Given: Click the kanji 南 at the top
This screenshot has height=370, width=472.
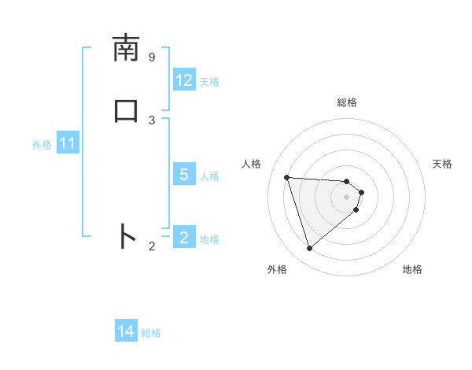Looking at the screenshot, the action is point(126,49).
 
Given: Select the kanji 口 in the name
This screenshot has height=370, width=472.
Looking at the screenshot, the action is point(126,110).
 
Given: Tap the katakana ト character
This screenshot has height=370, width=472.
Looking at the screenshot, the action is point(126,236).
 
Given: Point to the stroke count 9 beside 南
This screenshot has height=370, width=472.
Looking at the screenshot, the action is point(152,57).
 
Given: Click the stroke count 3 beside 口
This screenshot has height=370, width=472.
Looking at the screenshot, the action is point(152,120).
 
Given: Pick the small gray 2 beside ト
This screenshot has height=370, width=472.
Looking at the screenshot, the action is point(152,246).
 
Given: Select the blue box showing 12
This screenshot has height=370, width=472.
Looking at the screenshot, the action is point(184,80).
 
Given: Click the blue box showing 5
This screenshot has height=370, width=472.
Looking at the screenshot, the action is point(184,175).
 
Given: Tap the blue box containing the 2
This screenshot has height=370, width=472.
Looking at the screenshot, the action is point(184,238).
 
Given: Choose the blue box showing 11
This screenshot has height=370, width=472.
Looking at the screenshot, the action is point(68,144).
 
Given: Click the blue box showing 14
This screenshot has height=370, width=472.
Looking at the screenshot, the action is point(126,332).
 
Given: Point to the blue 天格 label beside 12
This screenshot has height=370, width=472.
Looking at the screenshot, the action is point(209,81).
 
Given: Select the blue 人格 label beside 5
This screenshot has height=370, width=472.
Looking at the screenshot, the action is point(210,176).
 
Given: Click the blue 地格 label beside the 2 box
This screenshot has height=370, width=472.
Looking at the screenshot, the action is point(210,239).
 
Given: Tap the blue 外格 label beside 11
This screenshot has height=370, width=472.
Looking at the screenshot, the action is point(42,145).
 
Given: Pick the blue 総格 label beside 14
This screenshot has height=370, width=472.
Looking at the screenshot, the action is point(151,333).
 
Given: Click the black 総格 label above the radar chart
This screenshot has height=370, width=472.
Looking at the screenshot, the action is point(346,102).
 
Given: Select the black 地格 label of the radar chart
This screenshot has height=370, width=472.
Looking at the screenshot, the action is point(412,269).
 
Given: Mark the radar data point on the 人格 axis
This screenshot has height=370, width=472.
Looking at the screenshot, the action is point(287,177).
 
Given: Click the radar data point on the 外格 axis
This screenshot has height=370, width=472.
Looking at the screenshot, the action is point(309,249).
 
